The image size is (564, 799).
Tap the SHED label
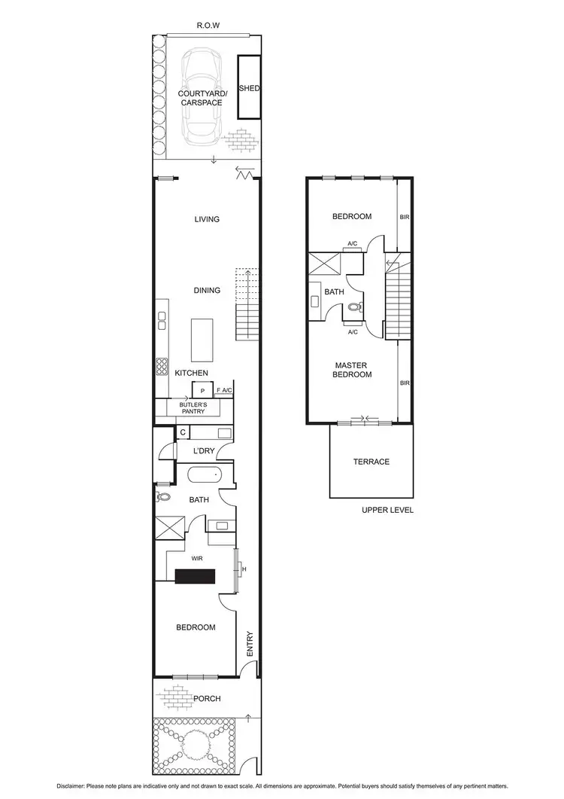point(249,88)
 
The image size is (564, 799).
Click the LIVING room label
point(207,219)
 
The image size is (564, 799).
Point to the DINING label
point(207,290)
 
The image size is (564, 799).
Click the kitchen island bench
point(202,340)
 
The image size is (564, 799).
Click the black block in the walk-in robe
point(195,576)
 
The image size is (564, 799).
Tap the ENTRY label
point(250,642)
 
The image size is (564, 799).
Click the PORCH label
point(207,699)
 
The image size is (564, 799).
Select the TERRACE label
point(372,462)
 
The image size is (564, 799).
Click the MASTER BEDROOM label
point(353,370)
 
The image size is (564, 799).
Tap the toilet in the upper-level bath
point(353,308)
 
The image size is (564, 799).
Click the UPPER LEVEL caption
point(387,510)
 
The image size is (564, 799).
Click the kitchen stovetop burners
point(161,366)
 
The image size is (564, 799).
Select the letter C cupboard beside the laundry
point(183,432)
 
